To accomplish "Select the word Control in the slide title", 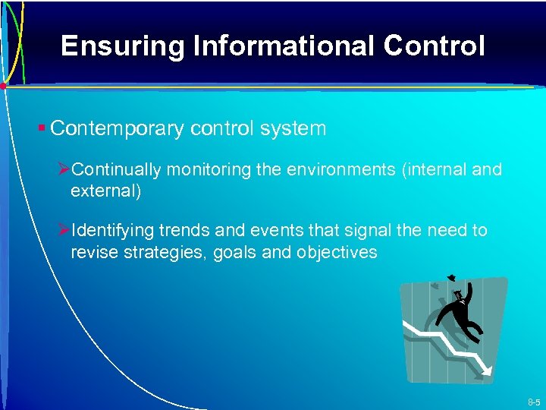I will [x=435, y=47].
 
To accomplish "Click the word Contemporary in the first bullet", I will [x=117, y=129].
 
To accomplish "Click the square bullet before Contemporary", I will [x=43, y=128].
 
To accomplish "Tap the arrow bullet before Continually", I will [x=64, y=169].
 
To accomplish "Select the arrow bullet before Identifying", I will [x=64, y=230].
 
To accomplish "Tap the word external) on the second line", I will [x=105, y=191].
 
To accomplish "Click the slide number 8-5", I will [x=533, y=402].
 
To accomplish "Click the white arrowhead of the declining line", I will [x=487, y=370].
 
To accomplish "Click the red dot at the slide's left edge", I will [x=3, y=87].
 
